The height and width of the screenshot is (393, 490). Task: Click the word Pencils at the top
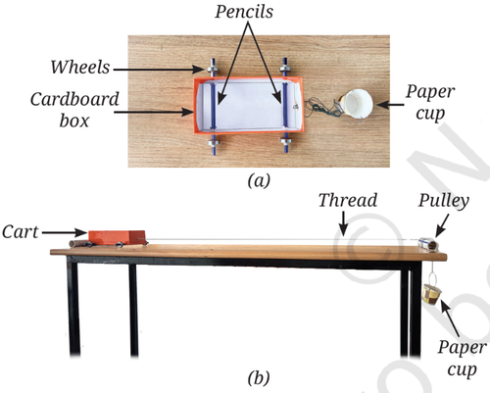point(244,12)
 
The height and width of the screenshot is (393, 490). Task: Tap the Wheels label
point(80,68)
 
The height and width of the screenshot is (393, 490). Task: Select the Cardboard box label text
point(74,110)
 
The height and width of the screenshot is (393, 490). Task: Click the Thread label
point(348,200)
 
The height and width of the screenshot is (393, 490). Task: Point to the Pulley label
point(444,201)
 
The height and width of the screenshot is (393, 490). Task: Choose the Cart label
point(21,232)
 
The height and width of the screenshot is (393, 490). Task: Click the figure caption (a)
point(259,180)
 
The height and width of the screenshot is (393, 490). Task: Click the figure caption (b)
point(259,378)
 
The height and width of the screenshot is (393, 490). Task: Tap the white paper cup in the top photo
point(357,104)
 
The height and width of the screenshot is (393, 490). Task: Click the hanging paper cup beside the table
point(432,294)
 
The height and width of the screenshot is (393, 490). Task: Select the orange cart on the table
point(117,237)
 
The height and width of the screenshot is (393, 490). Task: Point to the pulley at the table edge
point(428,244)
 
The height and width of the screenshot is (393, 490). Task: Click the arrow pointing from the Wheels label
point(158,70)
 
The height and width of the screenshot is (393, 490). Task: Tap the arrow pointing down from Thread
point(343,223)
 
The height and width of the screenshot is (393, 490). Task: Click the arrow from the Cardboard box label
point(154,112)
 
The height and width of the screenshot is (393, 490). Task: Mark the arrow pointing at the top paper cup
point(391,105)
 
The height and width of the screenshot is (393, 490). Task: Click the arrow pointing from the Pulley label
point(442,225)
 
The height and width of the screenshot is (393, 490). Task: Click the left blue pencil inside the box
point(214,106)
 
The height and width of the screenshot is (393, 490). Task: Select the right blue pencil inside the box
point(285,105)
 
